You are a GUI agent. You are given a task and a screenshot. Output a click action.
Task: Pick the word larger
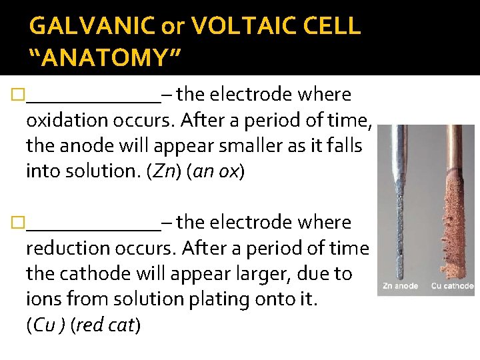coord(249,274)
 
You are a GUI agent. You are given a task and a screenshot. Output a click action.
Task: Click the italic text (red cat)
coord(106,325)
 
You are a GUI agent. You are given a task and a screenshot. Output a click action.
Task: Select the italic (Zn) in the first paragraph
coord(165,172)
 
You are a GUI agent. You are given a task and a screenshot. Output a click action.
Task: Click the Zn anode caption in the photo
coord(400,286)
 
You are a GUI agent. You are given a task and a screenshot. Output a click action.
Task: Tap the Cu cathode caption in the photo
coord(452,286)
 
